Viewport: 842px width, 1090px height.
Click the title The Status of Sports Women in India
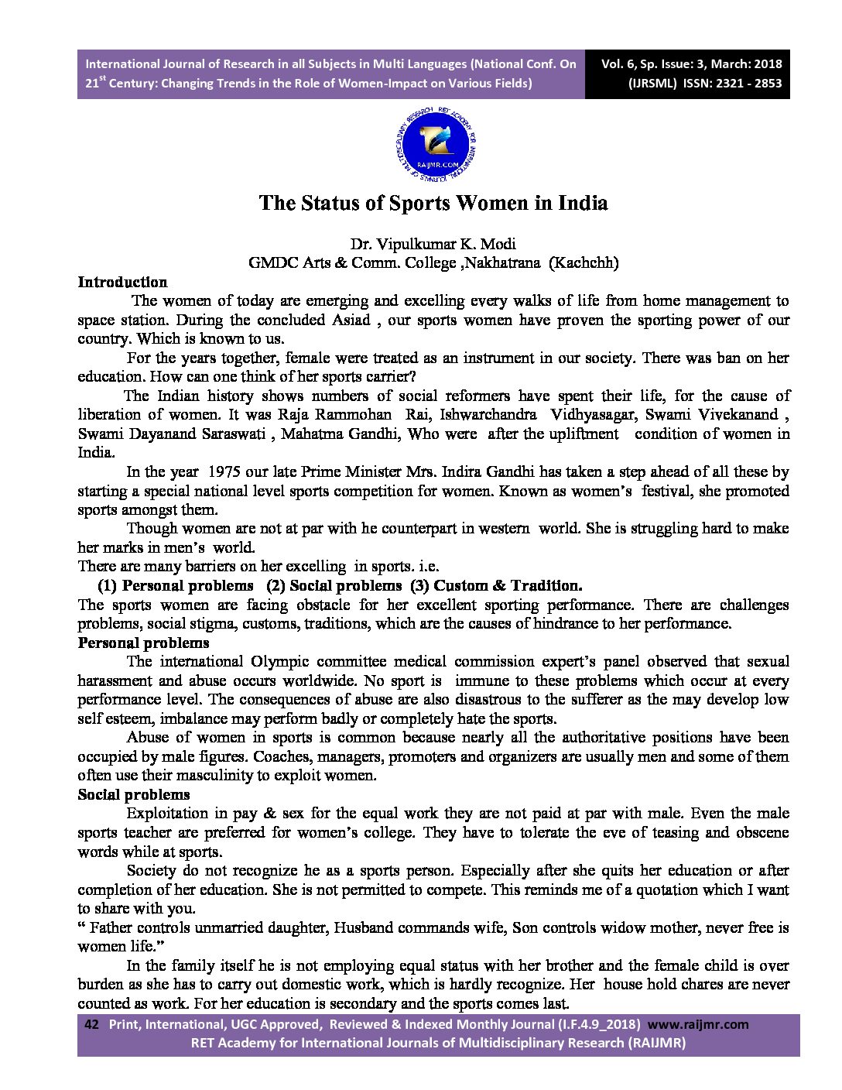pyautogui.click(x=433, y=203)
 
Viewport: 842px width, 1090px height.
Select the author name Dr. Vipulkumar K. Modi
pyautogui.click(x=433, y=244)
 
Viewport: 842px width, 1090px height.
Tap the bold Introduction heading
pyautogui.click(x=122, y=283)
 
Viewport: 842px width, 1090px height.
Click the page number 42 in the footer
pyautogui.click(x=91, y=1024)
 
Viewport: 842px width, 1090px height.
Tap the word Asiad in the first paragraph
pyautogui.click(x=351, y=320)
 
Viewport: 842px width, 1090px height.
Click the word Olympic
pyautogui.click(x=279, y=662)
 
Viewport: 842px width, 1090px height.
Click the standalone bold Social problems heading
pyautogui.click(x=134, y=795)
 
